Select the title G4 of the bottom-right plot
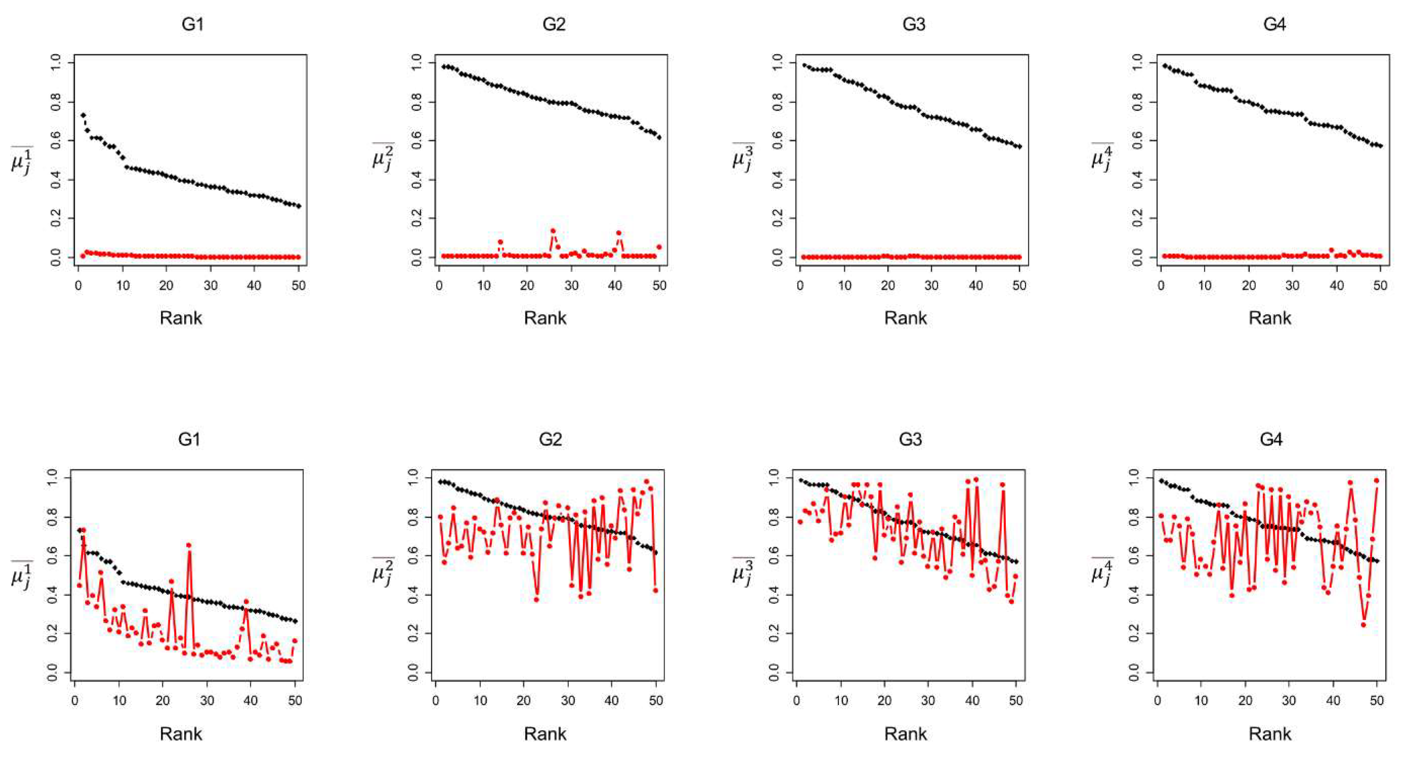click(1271, 440)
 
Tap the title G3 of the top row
click(913, 24)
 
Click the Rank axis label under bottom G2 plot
click(545, 733)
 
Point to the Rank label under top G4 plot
click(1270, 318)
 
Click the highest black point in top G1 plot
click(83, 115)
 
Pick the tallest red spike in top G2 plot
click(553, 231)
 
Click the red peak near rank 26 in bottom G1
click(189, 545)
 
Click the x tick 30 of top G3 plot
click(932, 286)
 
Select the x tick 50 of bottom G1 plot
click(295, 700)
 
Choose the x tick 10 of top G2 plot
click(483, 286)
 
